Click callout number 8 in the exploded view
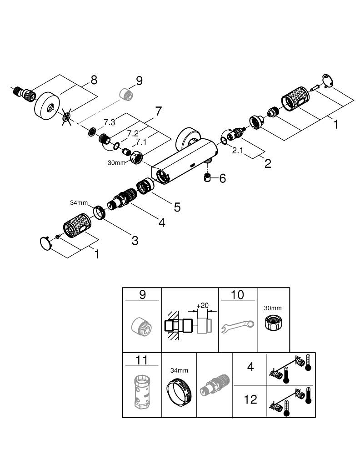[93, 80]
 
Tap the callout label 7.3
[109, 122]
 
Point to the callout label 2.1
[238, 151]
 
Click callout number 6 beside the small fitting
[222, 178]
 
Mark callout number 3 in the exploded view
[135, 240]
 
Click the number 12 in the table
[250, 399]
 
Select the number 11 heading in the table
[142, 361]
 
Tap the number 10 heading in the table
[238, 295]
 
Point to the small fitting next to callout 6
[208, 178]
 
